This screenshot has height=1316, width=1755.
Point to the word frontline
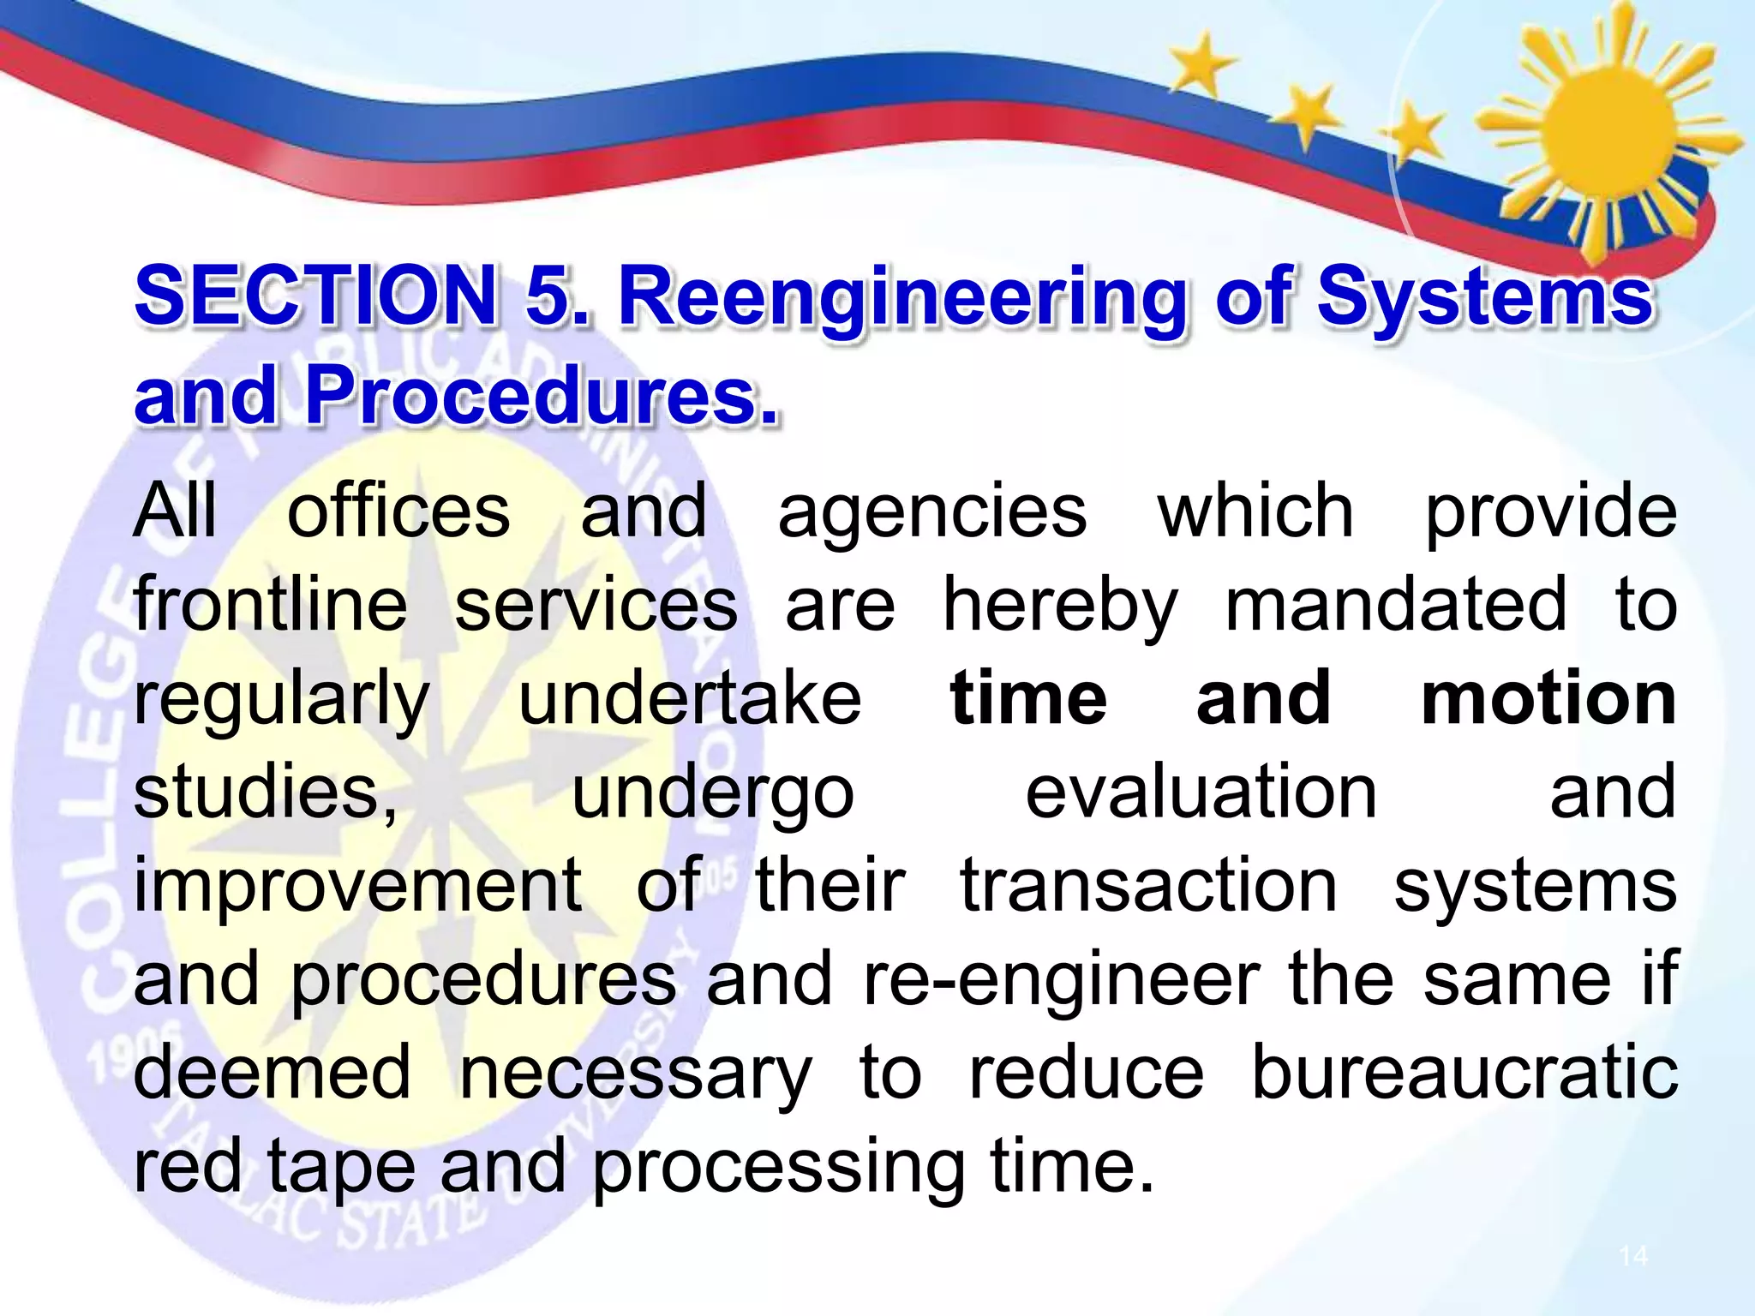pyautogui.click(x=270, y=605)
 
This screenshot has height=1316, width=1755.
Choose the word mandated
pyautogui.click(x=1396, y=605)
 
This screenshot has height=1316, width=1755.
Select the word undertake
pyautogui.click(x=690, y=698)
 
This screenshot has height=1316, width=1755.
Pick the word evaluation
pyautogui.click(x=1201, y=792)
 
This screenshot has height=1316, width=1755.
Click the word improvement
pyautogui.click(x=358, y=888)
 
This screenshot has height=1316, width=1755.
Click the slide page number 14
pyautogui.click(x=1633, y=1256)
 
